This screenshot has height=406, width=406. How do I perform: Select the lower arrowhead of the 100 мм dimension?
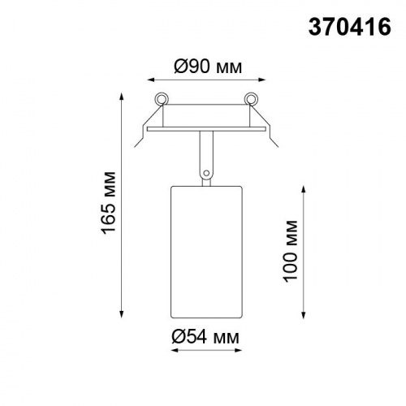[x=304, y=317]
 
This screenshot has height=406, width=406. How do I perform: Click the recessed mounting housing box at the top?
[x=205, y=115]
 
